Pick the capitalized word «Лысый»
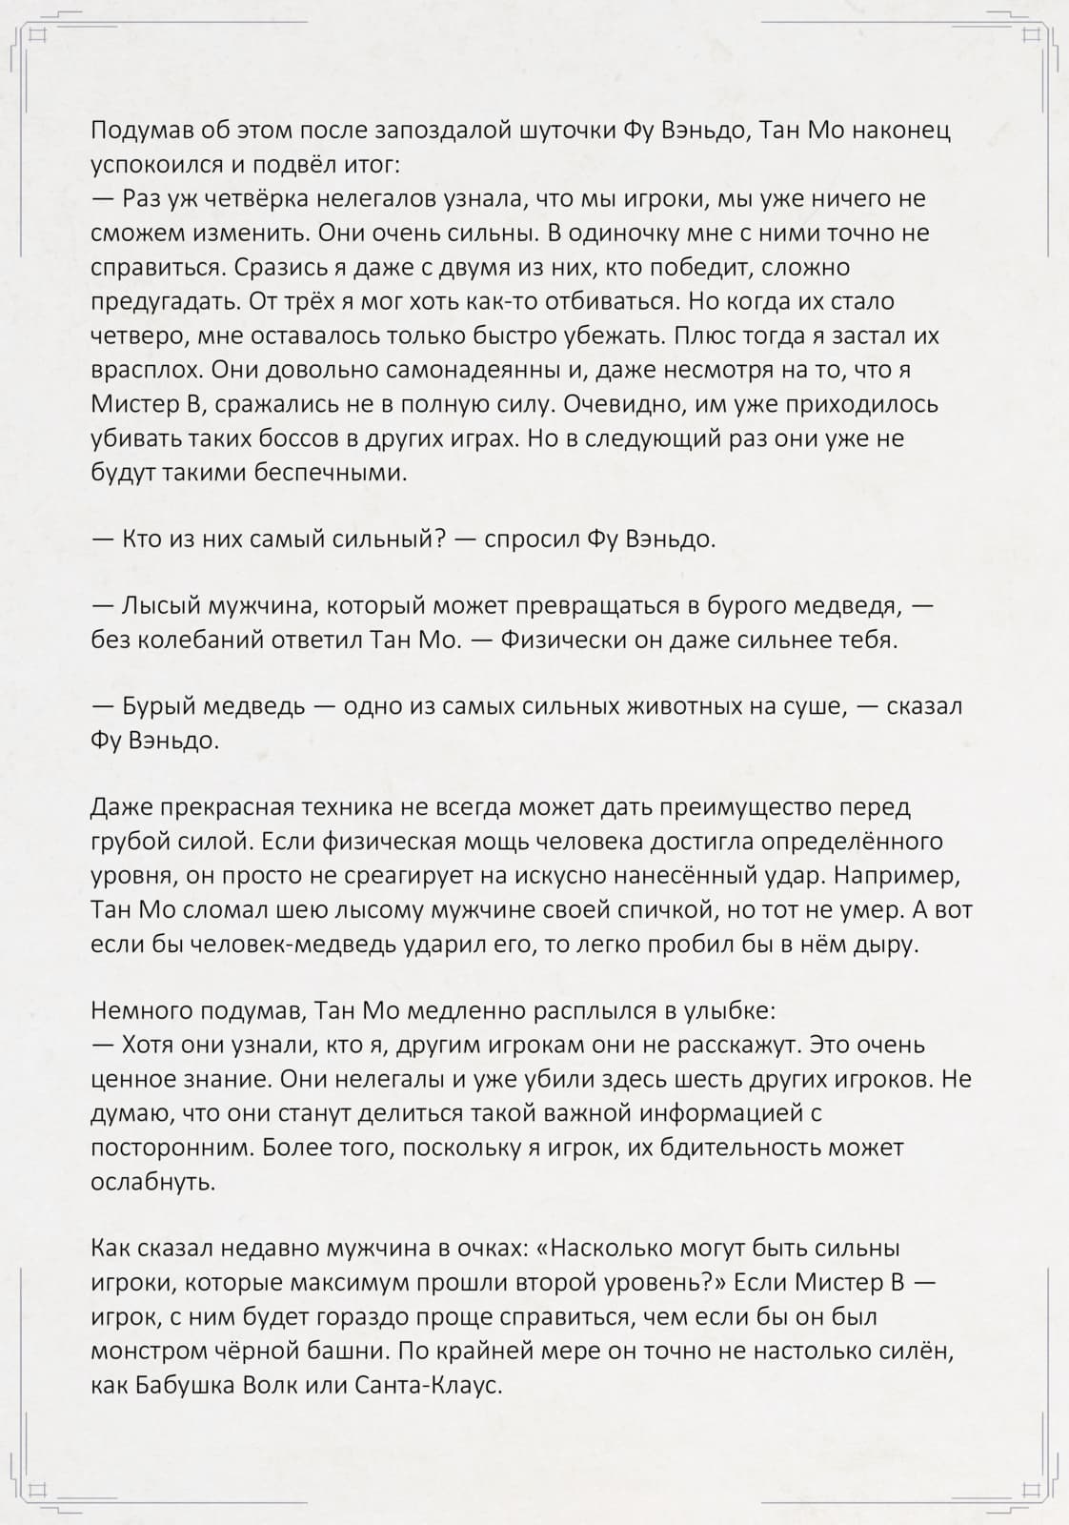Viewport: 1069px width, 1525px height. click(156, 605)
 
